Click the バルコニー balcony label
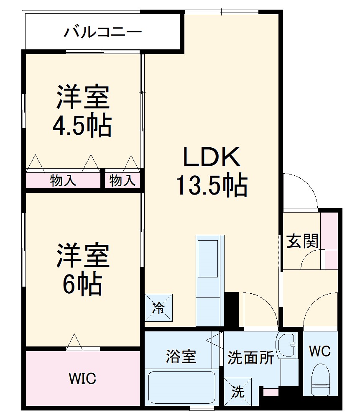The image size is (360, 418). (102, 32)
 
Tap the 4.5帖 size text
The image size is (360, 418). (82, 125)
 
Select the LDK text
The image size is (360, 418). (212, 157)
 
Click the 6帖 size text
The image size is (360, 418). (82, 285)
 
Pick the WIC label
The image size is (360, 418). (82, 378)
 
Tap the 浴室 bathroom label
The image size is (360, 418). (181, 356)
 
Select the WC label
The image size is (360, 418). (320, 351)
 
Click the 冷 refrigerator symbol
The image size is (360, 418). (158, 308)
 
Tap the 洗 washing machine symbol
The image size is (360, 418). (238, 392)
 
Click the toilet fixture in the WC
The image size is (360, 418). (321, 379)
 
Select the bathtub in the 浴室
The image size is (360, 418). (182, 387)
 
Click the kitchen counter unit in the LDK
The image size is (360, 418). (209, 280)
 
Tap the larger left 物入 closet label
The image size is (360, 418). (63, 181)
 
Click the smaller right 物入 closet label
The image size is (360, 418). (123, 181)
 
